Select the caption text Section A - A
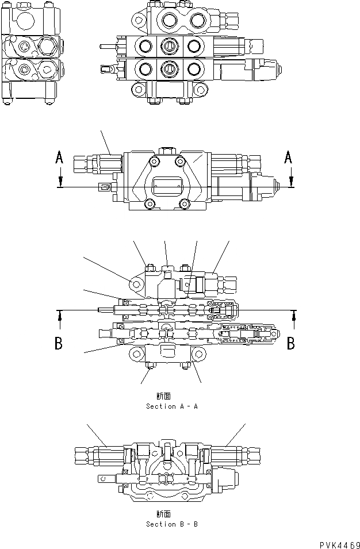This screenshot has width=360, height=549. (172, 406)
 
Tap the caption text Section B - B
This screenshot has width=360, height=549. (172, 524)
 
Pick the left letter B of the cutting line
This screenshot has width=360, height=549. (59, 344)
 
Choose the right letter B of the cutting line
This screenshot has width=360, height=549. (291, 344)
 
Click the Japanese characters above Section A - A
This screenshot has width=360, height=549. (163, 396)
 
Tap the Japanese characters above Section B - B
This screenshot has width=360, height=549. (163, 514)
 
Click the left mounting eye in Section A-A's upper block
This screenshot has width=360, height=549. (136, 285)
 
